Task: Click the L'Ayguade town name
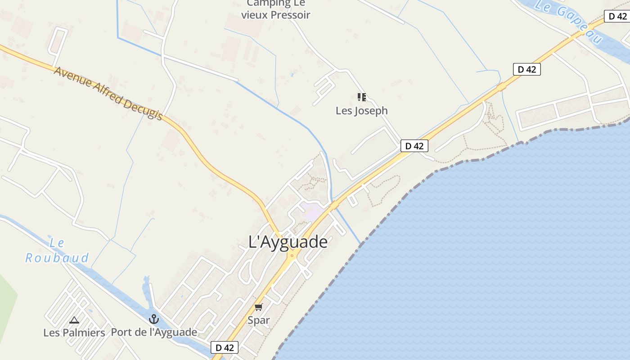tap(288, 242)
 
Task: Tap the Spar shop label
tap(259, 320)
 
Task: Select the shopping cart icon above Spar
tap(258, 307)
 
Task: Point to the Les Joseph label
tap(361, 111)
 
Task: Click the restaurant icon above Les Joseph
tap(361, 97)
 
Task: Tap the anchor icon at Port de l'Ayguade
tap(154, 319)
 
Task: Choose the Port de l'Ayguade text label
tap(154, 333)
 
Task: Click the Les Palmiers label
tap(74, 333)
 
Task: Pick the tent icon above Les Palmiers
tap(74, 320)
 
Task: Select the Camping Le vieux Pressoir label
tap(275, 9)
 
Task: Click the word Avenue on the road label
tap(72, 78)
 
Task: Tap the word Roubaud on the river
tap(57, 258)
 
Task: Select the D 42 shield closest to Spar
tap(225, 347)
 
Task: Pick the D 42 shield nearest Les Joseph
tap(414, 146)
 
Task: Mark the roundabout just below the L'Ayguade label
tap(292, 256)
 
